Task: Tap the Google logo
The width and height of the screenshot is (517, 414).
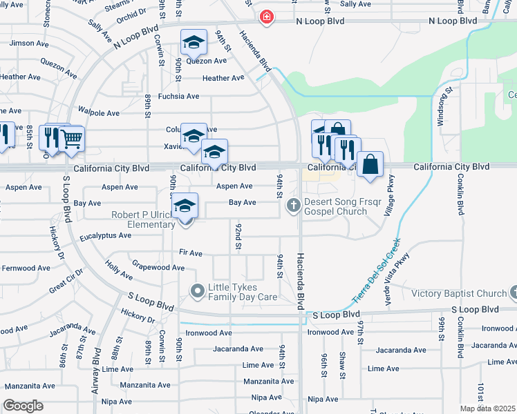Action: pos(23,406)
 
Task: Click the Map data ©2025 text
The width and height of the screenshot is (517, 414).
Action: pos(488,408)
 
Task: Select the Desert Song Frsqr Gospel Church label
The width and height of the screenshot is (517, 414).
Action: pos(336,206)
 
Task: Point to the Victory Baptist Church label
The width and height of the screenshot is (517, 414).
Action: pos(459,293)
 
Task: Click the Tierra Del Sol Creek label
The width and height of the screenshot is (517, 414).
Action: pos(376,273)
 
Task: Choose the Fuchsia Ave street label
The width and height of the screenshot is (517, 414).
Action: pos(179,97)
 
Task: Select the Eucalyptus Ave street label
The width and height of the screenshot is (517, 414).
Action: pos(105,235)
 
